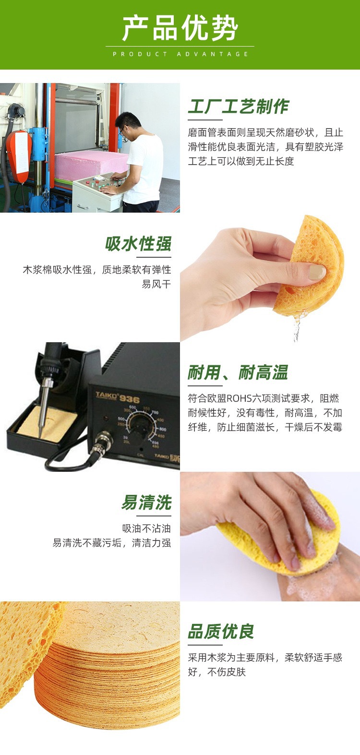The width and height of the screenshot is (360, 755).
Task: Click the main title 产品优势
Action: point(180,28)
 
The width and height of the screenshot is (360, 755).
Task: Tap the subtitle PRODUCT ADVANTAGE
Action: point(180,54)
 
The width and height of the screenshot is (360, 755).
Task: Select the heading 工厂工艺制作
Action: point(238,107)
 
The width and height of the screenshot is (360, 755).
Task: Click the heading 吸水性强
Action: point(138,244)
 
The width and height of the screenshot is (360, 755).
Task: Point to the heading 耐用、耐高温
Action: point(238,372)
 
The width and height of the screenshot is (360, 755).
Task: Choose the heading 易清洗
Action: point(146,502)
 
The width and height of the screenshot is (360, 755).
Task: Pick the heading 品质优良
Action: point(221,631)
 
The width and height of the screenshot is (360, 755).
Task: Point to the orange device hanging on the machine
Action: point(19,156)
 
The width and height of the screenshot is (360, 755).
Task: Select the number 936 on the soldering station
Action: point(130,399)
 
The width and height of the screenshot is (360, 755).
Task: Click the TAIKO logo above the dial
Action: point(107,395)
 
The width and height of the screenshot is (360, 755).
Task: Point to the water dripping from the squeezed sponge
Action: point(297,327)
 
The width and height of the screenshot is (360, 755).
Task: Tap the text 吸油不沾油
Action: point(146,528)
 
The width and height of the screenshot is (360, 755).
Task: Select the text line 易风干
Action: point(156,284)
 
